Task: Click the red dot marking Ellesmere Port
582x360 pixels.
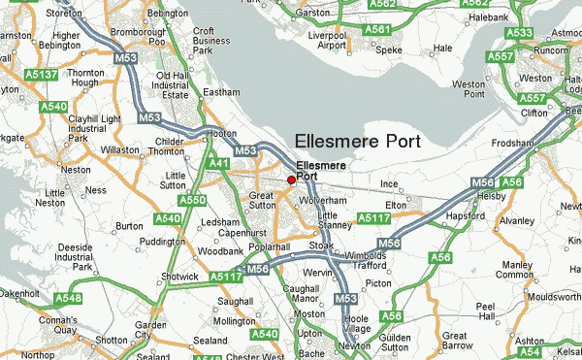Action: coord(291,180)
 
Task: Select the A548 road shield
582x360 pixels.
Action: coord(68,297)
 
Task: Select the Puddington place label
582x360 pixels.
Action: coord(135,242)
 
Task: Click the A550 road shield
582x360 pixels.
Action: coord(193,200)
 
